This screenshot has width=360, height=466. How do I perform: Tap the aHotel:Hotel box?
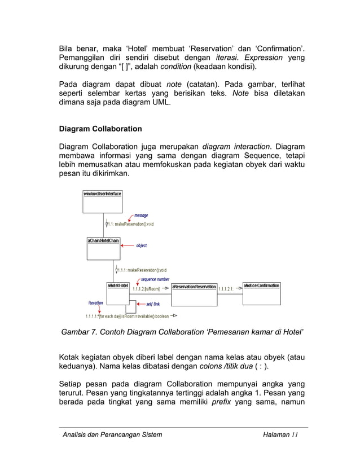click(x=118, y=293)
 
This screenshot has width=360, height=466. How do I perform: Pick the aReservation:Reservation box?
click(x=194, y=293)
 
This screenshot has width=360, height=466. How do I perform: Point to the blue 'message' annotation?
click(x=141, y=216)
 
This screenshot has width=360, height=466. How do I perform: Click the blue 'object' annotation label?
click(x=142, y=245)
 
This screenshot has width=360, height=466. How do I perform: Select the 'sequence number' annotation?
click(x=155, y=279)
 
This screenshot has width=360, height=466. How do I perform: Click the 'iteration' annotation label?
click(x=96, y=303)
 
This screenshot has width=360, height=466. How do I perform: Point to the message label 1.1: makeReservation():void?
click(x=130, y=224)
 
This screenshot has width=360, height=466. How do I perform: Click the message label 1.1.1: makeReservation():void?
click(x=142, y=270)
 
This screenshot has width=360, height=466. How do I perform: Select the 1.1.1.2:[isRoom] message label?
click(x=146, y=289)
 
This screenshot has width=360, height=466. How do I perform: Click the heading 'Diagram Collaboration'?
click(x=100, y=129)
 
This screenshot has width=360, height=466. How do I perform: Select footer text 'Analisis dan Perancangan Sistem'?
click(x=112, y=434)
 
